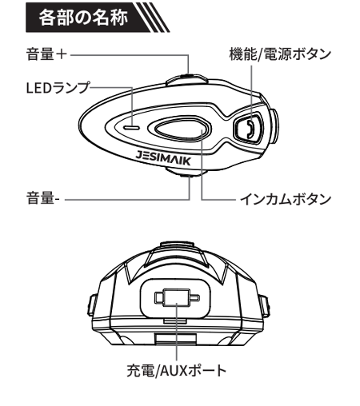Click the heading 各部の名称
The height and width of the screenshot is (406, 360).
point(83,18)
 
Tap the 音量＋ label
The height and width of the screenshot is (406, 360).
point(46,54)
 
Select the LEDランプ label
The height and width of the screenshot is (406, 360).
point(58,87)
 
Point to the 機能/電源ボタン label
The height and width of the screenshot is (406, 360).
point(280,54)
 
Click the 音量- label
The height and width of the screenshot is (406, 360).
point(43,198)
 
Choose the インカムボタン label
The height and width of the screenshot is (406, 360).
point(286,199)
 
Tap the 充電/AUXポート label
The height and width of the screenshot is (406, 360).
point(177,370)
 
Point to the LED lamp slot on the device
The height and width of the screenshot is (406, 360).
point(131,128)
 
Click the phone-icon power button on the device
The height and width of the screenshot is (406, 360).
point(248,128)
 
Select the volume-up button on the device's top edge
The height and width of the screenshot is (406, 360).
point(186,79)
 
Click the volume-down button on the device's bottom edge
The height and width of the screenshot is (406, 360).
point(186,172)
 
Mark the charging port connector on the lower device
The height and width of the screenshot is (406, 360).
point(177,297)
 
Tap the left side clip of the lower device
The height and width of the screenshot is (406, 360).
point(91,306)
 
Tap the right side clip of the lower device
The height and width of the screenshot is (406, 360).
point(266,306)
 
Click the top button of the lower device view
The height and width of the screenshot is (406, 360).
point(177,245)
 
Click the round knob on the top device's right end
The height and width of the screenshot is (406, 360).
point(274,125)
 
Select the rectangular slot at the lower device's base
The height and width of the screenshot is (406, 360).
point(176,338)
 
